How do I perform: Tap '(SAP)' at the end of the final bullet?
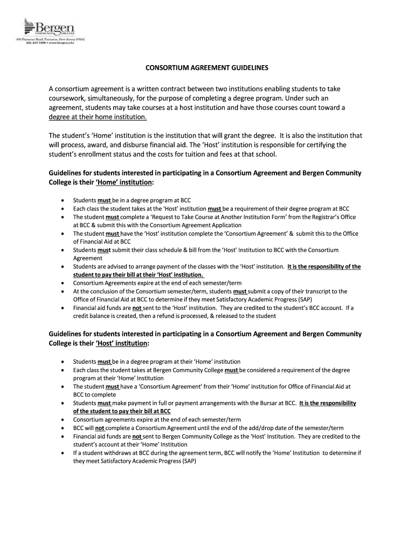click(188, 461)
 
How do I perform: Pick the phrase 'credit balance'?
click(90, 316)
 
